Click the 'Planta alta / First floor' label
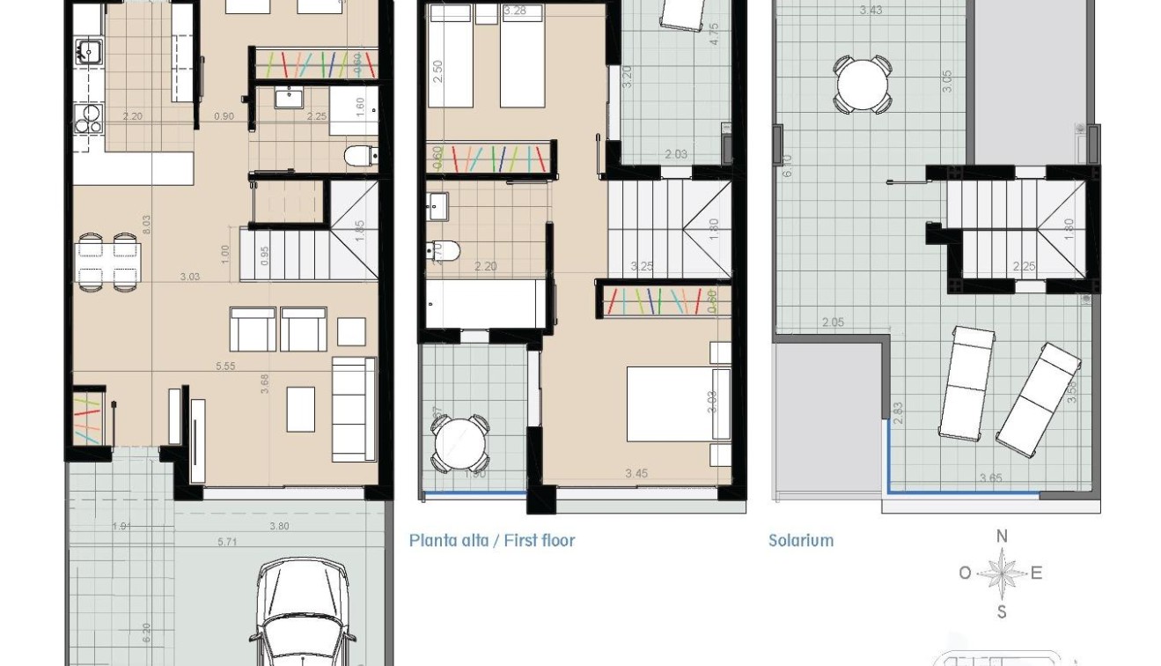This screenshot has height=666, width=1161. pos(491,540)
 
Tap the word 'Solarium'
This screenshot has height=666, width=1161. pos(800,540)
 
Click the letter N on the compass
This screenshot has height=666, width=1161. pos(1001,536)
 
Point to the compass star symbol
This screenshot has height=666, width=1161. pos(1001,573)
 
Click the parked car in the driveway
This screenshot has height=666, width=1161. pos(303,617)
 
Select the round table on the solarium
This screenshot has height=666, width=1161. pos(863,85)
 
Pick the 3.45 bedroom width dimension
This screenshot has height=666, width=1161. pos(636,474)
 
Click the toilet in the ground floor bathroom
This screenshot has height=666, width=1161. pos(358,157)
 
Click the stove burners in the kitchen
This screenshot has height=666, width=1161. pos(87,118)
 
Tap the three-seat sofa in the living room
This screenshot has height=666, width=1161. pos(354,410)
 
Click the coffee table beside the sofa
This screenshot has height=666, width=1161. pos(300,410)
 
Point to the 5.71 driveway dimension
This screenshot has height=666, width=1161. pos(227,542)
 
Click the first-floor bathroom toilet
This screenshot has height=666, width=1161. pos(445,250)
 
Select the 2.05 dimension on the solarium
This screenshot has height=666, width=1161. pos(832,322)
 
